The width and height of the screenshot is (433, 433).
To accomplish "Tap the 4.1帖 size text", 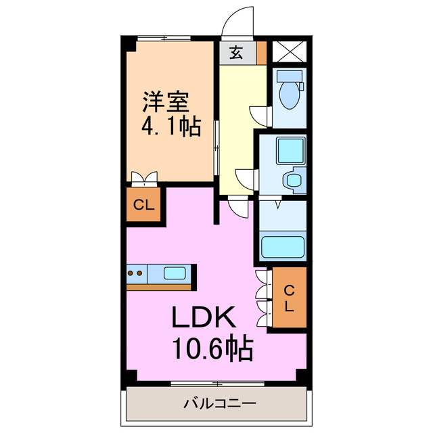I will pos(170,127).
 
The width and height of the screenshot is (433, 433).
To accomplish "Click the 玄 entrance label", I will pos(236,53).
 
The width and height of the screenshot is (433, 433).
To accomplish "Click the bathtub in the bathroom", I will pos(283,246).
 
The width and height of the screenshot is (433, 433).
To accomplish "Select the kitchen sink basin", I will pos(175,274).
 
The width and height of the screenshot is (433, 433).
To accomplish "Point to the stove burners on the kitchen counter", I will pos(135,274).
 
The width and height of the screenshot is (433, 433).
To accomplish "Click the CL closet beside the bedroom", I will pos(143,206).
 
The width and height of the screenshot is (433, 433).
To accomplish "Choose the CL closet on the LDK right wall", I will pos(289,298).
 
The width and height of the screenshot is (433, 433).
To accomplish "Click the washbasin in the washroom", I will pos(294,180).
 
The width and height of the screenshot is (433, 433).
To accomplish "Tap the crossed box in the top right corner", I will pos(290,51).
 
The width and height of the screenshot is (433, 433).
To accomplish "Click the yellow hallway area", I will pos(237,122).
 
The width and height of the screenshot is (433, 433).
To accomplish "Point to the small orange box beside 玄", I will pos(261,52).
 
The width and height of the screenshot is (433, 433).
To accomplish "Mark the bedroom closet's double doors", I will pos(143,179).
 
